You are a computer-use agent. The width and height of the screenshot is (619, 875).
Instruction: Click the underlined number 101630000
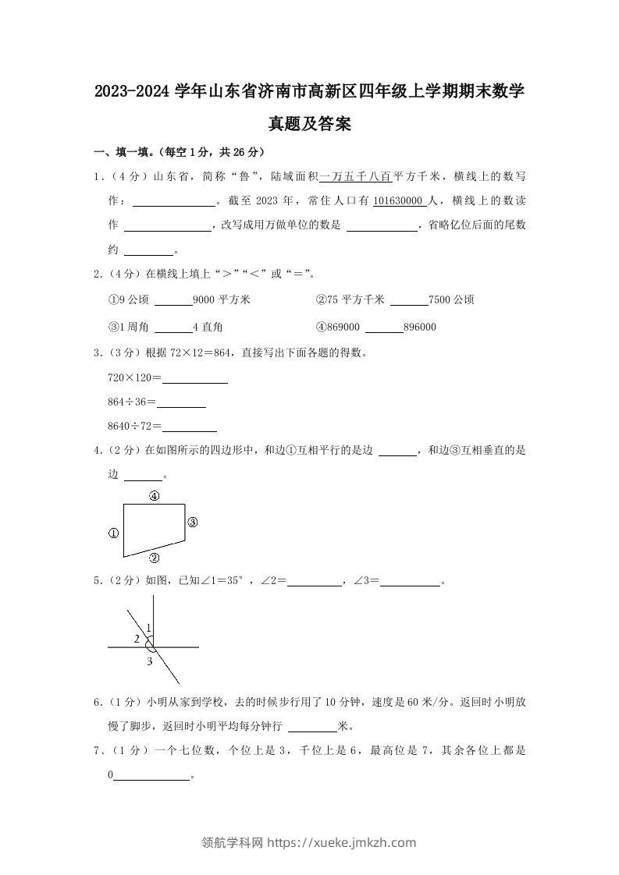pyautogui.click(x=399, y=200)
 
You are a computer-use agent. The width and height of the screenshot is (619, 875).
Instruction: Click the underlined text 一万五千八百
pyautogui.click(x=355, y=176)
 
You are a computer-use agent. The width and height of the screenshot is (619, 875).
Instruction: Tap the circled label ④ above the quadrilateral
pyautogui.click(x=155, y=495)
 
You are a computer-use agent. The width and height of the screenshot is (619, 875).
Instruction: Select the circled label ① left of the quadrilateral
pyautogui.click(x=113, y=533)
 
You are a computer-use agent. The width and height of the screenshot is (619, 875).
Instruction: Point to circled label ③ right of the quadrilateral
pyautogui.click(x=193, y=523)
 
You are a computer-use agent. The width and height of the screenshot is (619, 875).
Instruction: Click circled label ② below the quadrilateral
pyautogui.click(x=154, y=558)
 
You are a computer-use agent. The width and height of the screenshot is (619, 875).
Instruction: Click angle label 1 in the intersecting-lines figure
pyautogui.click(x=148, y=628)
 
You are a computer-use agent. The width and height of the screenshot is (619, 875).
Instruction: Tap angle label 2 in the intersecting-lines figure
pyautogui.click(x=137, y=639)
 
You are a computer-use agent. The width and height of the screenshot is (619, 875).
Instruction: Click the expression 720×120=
pyautogui.click(x=134, y=377)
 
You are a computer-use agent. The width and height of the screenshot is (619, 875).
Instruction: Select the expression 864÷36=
pyautogui.click(x=132, y=402)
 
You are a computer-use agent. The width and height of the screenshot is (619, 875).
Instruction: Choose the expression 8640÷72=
pyautogui.click(x=134, y=426)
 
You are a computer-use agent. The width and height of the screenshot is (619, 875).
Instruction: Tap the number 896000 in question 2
pyautogui.click(x=420, y=327)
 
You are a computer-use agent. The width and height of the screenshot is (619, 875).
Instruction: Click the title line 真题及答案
pyautogui.click(x=309, y=123)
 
